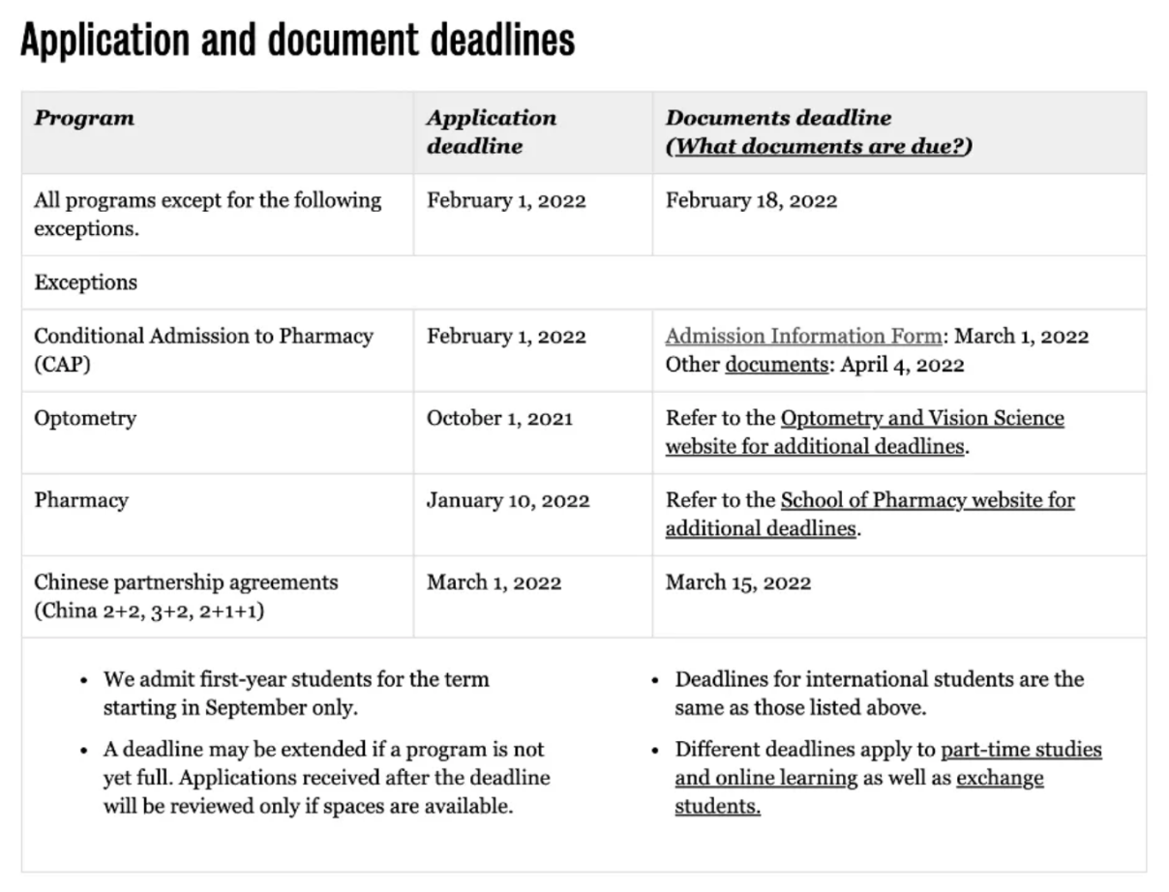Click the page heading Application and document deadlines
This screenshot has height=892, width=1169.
click(297, 41)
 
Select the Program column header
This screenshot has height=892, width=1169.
click(84, 119)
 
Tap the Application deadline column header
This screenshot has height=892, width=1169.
click(491, 132)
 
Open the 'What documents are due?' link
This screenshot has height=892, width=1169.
click(819, 146)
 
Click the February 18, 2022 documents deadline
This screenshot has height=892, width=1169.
click(751, 201)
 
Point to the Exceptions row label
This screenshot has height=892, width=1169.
click(85, 282)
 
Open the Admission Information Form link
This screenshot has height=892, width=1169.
click(802, 337)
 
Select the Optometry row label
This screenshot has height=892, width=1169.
click(85, 419)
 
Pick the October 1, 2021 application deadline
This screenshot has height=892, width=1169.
click(499, 419)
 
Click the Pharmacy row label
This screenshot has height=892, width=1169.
click(81, 500)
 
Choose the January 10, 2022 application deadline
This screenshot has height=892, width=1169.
click(508, 501)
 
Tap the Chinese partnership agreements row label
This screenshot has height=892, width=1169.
click(186, 582)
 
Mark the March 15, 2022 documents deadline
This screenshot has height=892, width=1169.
click(738, 582)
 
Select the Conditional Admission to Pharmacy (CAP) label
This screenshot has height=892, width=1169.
click(203, 349)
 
